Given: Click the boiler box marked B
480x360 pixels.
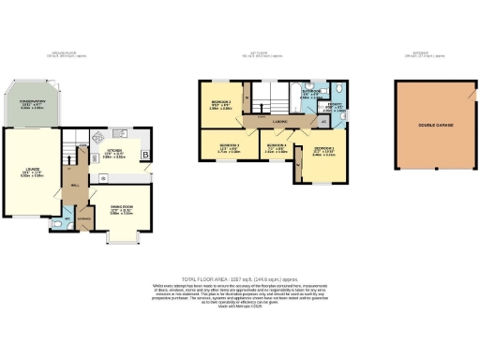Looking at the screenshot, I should [x=144, y=155].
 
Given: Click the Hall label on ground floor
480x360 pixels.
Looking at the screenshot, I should [x=72, y=184].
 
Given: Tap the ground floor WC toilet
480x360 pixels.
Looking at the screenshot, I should [x=55, y=223].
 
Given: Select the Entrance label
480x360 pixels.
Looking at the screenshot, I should [x=83, y=217].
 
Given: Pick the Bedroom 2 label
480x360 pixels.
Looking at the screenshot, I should [x=222, y=106].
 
